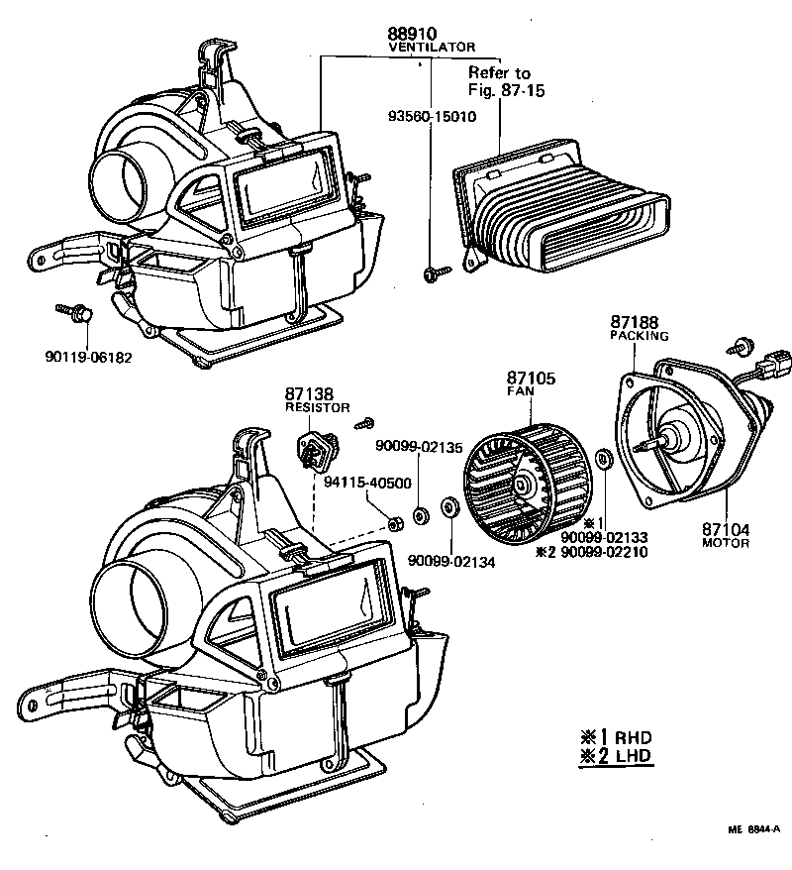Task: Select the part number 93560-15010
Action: point(431,116)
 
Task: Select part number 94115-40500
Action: point(367,482)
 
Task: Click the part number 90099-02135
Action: point(420,447)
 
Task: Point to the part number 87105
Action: point(532,378)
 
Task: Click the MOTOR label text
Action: point(726,544)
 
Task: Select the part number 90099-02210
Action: point(604,551)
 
